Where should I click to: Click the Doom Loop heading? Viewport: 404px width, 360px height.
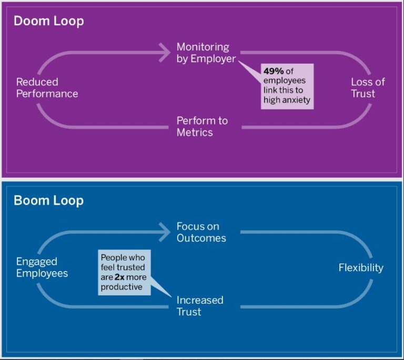(48, 21)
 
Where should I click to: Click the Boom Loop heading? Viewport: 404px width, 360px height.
(48, 201)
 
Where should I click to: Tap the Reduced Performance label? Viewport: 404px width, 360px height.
(47, 88)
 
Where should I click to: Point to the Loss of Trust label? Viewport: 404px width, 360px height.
(368, 88)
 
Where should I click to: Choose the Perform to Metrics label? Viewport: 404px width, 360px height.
(202, 126)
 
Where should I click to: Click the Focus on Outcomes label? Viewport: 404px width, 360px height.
(201, 232)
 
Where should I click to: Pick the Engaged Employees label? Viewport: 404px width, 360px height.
(42, 267)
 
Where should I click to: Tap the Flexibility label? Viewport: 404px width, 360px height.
(361, 268)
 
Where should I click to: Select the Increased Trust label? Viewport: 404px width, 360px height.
(200, 306)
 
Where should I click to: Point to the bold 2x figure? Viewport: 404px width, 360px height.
(120, 277)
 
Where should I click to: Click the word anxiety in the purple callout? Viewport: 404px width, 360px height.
(296, 100)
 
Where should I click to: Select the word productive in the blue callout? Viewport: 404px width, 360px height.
(122, 287)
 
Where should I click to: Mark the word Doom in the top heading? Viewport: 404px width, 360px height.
(31, 21)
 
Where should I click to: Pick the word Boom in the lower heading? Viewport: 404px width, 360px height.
(31, 201)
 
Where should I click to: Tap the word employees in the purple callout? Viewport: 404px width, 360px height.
(284, 81)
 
